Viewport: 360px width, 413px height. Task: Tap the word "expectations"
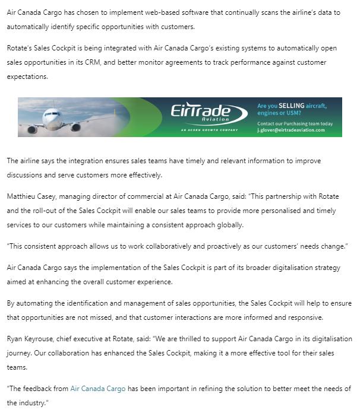click(28, 77)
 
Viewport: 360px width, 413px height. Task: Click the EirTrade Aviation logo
click(207, 114)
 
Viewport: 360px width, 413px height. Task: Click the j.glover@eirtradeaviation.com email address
click(291, 130)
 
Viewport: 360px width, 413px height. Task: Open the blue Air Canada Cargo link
click(98, 389)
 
